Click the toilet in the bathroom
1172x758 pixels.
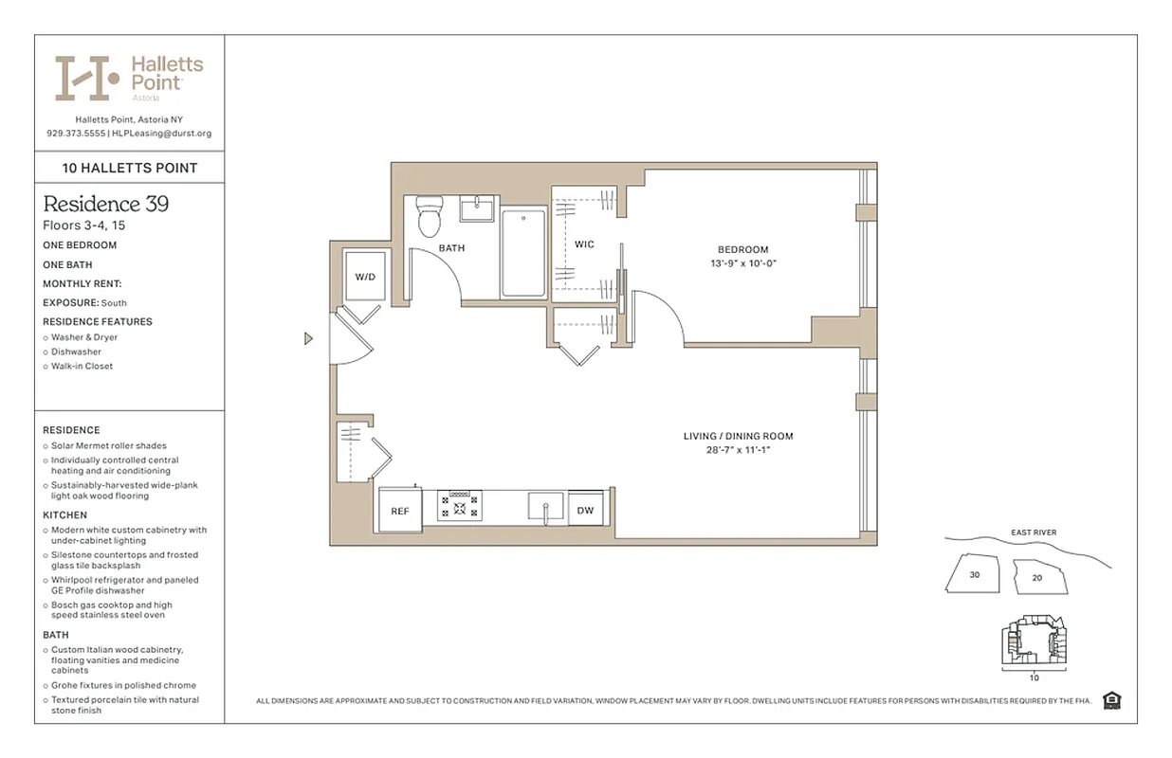(x=430, y=217)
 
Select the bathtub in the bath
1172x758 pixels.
(x=523, y=253)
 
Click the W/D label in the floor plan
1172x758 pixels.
(x=365, y=278)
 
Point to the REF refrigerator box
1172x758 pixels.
(x=400, y=511)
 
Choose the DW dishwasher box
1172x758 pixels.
(x=585, y=511)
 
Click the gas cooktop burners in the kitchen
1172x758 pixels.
(x=460, y=505)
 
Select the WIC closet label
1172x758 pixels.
(x=584, y=244)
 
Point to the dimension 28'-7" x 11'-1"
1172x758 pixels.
(x=738, y=450)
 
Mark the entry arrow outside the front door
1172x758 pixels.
(x=308, y=338)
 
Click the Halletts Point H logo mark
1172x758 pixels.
(x=86, y=78)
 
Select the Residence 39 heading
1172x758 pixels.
(x=105, y=204)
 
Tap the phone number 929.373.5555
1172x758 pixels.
(x=76, y=134)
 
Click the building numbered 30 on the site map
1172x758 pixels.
(x=974, y=574)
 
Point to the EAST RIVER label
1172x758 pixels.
(x=1034, y=532)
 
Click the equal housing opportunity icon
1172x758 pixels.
(x=1111, y=700)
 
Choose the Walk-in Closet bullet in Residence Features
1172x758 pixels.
(x=82, y=366)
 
